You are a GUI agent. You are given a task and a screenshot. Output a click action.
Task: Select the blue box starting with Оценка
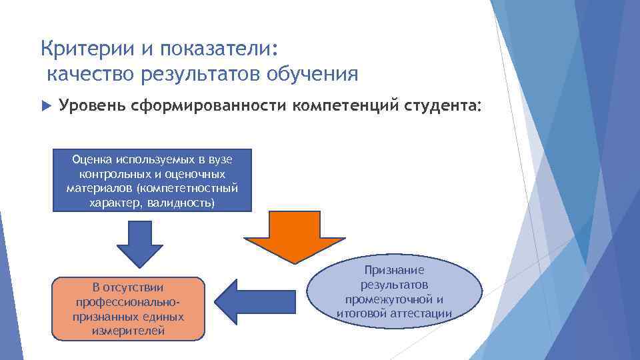[152, 181]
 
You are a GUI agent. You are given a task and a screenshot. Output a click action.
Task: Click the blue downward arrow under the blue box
[140, 243]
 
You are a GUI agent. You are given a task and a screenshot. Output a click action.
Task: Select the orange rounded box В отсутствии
[128, 309]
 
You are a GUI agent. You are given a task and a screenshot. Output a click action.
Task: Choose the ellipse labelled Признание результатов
[393, 291]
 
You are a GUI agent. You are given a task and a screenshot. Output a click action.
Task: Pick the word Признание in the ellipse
[394, 270]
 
